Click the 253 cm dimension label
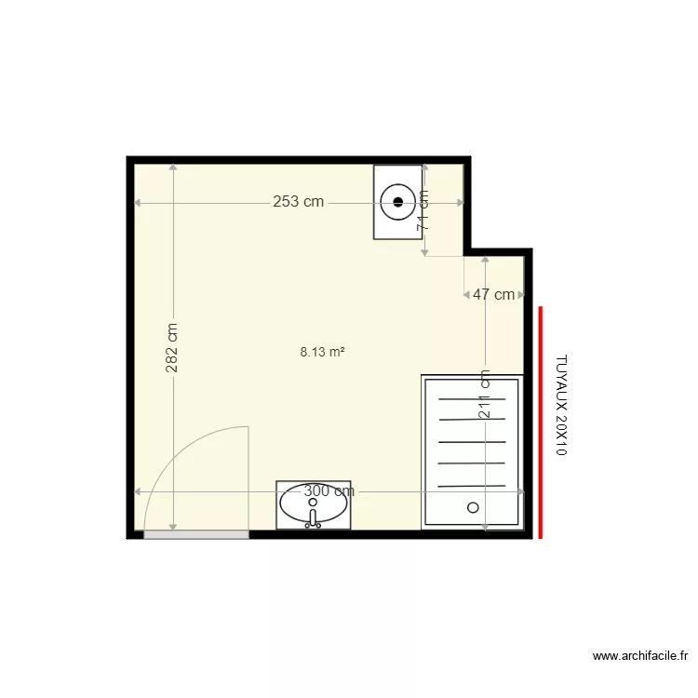tap(298, 201)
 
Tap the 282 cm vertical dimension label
tap(172, 348)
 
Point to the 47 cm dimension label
tap(493, 295)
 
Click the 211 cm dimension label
tap(485, 395)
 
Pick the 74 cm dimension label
tap(423, 210)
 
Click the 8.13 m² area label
tap(323, 352)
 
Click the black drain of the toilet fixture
tap(398, 200)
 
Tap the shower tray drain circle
tap(473, 507)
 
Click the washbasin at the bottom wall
tap(314, 504)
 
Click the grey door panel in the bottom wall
tap(196, 534)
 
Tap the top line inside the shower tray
tap(471, 398)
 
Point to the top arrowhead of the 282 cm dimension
tap(173, 168)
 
